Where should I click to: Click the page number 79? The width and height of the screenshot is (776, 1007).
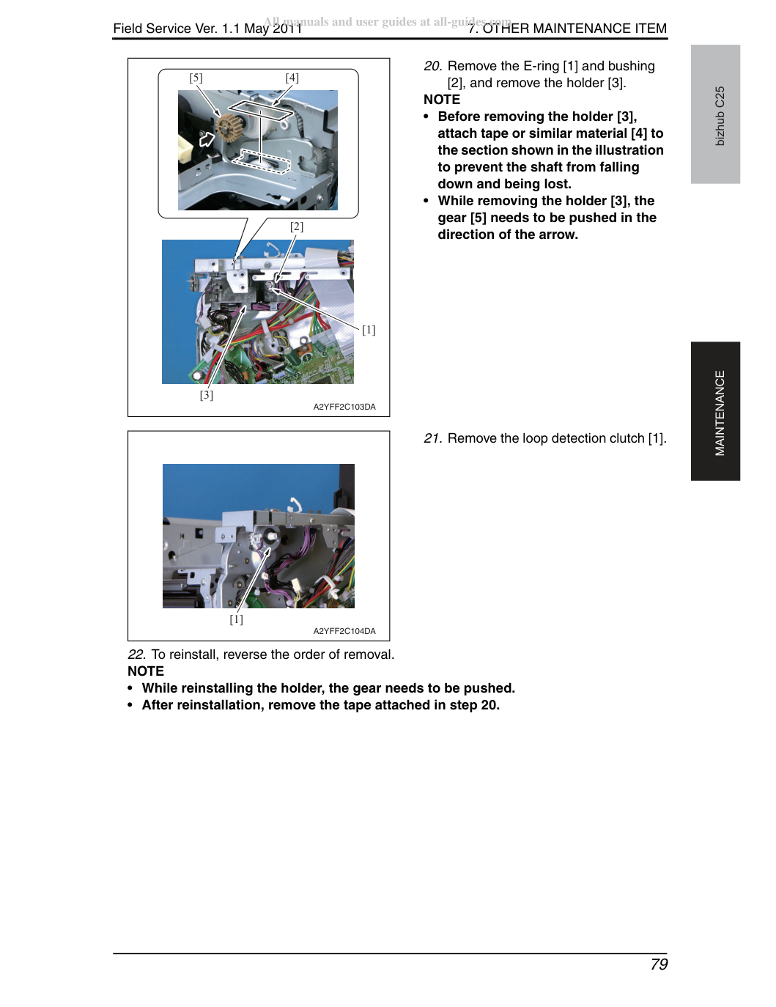pyautogui.click(x=659, y=964)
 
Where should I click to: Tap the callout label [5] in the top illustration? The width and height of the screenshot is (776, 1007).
pyautogui.click(x=196, y=78)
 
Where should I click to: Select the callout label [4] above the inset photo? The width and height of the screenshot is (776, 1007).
pyautogui.click(x=292, y=78)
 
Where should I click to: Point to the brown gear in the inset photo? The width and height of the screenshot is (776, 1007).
pyautogui.click(x=227, y=125)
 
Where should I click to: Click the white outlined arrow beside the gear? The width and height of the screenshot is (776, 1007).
pyautogui.click(x=207, y=138)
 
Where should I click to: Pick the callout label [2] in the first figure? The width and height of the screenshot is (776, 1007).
pyautogui.click(x=297, y=226)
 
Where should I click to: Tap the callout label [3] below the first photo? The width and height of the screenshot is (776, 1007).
pyautogui.click(x=207, y=395)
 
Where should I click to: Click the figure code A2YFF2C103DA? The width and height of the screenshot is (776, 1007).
pyautogui.click(x=344, y=407)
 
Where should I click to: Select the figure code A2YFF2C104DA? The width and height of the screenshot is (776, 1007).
pyautogui.click(x=344, y=631)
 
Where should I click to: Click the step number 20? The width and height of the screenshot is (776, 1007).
pyautogui.click(x=433, y=66)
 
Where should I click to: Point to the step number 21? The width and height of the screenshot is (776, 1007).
pyautogui.click(x=433, y=438)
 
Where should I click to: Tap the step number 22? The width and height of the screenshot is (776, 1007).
pyautogui.click(x=137, y=654)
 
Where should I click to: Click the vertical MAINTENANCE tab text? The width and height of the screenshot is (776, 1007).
pyautogui.click(x=720, y=413)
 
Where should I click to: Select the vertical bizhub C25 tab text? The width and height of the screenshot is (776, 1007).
pyautogui.click(x=720, y=116)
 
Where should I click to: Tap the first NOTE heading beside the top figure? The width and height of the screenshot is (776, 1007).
pyautogui.click(x=442, y=100)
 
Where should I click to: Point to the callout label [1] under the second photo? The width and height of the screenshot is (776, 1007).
pyautogui.click(x=236, y=619)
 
